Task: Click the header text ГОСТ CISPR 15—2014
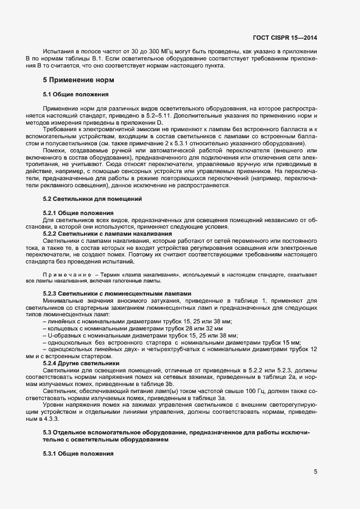point(285,38)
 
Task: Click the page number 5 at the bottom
point(315,471)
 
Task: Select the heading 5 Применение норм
point(78,80)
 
